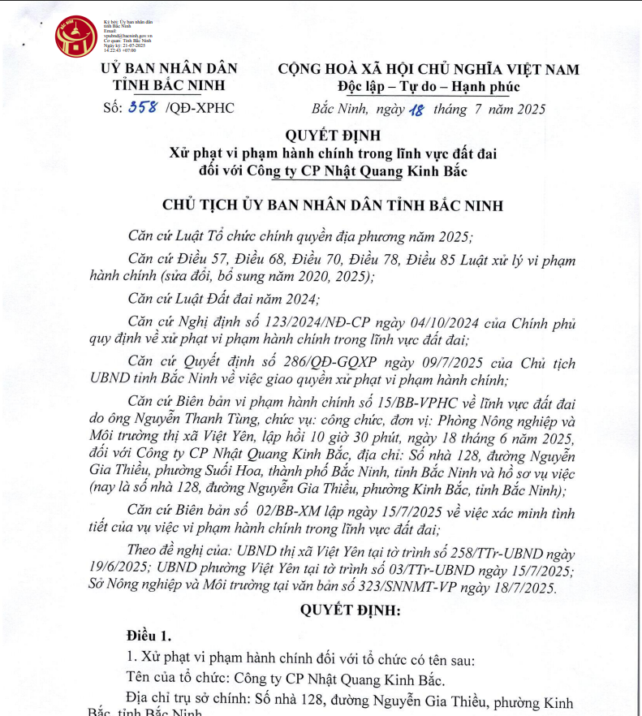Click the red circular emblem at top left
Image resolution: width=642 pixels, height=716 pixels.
(75, 37)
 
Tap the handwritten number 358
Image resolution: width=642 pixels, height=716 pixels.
(142, 108)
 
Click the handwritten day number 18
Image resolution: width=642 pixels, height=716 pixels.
(417, 110)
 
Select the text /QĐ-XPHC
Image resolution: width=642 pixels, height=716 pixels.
(199, 108)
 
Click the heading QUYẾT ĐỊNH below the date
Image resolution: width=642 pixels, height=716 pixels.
(333, 135)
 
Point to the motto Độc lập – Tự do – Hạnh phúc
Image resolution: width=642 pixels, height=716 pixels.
(429, 87)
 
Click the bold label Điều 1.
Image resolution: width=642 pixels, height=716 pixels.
(149, 636)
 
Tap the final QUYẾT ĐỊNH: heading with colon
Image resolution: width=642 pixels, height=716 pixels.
(351, 610)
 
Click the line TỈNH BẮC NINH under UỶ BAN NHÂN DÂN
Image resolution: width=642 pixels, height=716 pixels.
(168, 86)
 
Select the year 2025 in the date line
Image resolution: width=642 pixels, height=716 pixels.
(530, 110)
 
